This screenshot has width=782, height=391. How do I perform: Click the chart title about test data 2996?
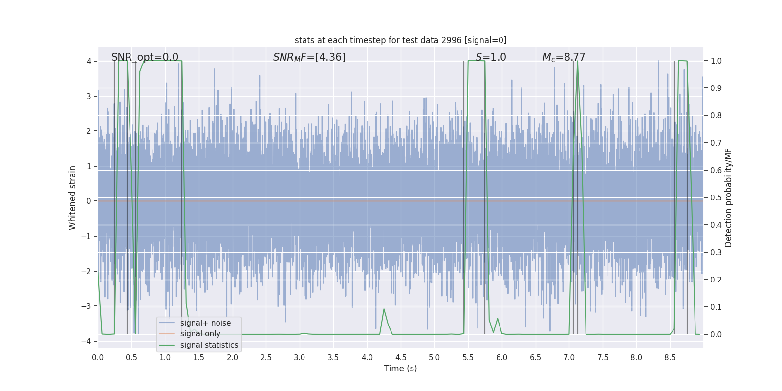click(400, 40)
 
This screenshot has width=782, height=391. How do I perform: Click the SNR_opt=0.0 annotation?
click(145, 57)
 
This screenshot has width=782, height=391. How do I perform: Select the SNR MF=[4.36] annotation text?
click(309, 57)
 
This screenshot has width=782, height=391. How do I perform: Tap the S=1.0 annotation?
click(491, 57)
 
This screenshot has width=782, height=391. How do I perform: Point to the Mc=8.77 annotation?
click(564, 57)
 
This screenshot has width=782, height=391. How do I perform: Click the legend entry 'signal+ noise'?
click(205, 323)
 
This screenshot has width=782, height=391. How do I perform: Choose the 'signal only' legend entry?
click(200, 334)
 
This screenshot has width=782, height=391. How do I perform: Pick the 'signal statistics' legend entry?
click(209, 345)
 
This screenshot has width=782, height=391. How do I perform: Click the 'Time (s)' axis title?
click(400, 369)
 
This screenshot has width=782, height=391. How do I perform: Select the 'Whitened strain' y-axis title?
click(73, 197)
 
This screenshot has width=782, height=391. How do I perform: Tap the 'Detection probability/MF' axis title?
click(728, 197)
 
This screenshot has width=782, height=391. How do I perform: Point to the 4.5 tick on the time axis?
click(401, 357)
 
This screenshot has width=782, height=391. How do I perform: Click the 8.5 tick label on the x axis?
click(670, 357)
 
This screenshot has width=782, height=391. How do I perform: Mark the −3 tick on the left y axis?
click(88, 306)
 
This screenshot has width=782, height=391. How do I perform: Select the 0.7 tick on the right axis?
click(716, 143)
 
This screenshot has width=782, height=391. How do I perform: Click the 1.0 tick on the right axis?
click(716, 61)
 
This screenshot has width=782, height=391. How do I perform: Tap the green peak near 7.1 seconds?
click(577, 62)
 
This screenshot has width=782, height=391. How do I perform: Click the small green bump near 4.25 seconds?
click(384, 309)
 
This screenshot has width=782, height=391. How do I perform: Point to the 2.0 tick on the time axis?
click(232, 357)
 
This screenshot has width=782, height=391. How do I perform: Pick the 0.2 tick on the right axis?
click(716, 280)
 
